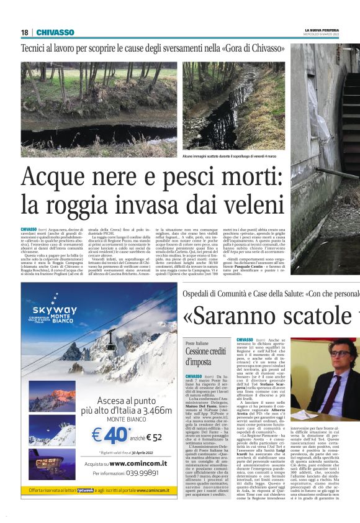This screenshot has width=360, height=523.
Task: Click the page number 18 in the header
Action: [x=24, y=32]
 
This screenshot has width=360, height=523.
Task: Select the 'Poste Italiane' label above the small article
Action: [x=197, y=342]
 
